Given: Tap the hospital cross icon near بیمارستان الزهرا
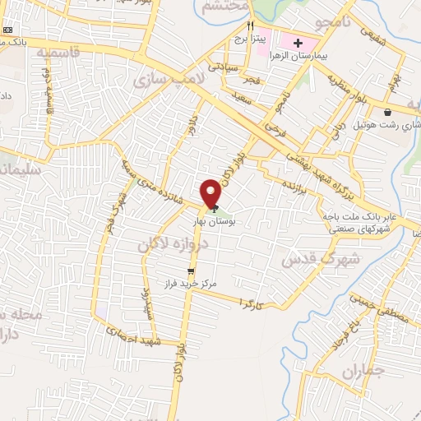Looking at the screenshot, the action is (x=298, y=41).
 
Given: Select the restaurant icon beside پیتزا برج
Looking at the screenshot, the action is (x=250, y=25).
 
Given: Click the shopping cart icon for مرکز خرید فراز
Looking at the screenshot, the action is (x=191, y=271).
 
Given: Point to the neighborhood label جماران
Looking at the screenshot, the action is (x=363, y=372).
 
